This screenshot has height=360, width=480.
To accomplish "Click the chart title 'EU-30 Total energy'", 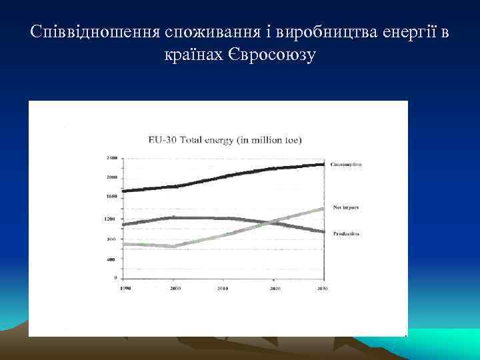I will [225, 140].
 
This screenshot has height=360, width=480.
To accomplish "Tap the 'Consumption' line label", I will [345, 164].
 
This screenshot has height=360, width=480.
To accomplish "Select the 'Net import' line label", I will [345, 208].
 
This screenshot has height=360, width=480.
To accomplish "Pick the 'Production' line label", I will [345, 234].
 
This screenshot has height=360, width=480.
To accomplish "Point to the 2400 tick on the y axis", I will [111, 158].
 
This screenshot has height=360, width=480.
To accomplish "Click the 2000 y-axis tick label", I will [111, 177].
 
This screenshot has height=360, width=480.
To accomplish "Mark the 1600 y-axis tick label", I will [111, 197].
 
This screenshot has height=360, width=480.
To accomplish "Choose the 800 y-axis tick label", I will [112, 239].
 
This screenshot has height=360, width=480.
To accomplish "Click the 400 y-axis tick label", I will [112, 259].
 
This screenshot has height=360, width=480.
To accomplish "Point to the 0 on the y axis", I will [115, 277].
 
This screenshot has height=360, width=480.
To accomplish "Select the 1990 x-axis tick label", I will [125, 288].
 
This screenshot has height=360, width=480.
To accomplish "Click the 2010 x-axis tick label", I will [224, 289].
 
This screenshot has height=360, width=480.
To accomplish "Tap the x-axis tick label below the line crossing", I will [274, 289].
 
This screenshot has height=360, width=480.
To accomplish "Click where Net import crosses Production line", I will [270, 222].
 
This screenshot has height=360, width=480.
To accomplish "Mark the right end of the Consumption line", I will [324, 164].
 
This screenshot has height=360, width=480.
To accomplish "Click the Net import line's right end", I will [324, 209].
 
